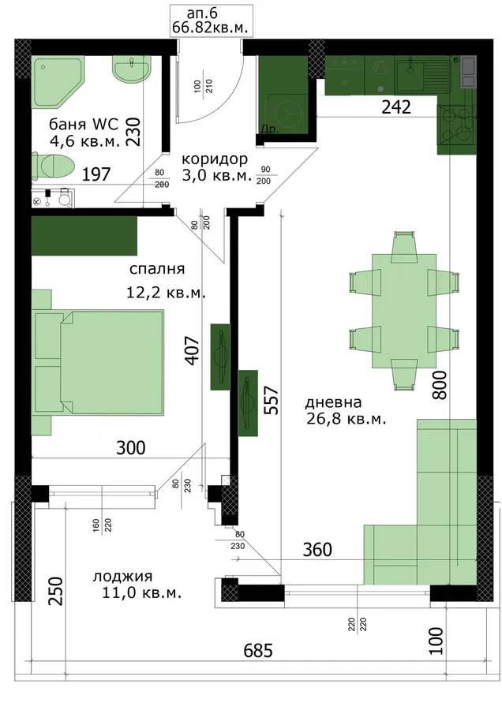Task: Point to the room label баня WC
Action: (84, 124)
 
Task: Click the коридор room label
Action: (215, 159)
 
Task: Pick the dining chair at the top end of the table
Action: (403, 246)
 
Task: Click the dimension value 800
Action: (439, 385)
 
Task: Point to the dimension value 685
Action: (258, 651)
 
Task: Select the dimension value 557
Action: (271, 400)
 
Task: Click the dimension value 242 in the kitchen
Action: (396, 107)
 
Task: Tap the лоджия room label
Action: (123, 577)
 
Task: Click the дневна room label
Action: (333, 402)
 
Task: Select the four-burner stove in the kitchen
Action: (457, 124)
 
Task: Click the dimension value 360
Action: (317, 550)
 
